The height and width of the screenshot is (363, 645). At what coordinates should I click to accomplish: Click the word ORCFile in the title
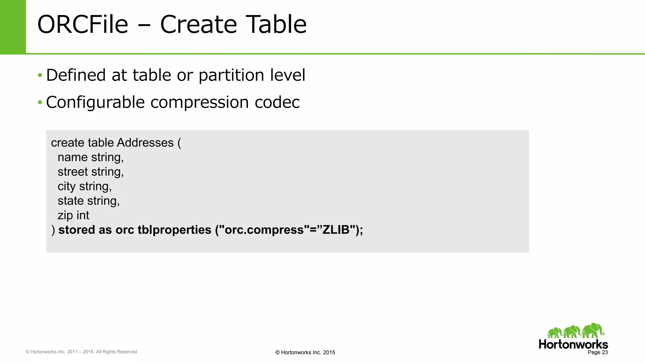[x=83, y=24]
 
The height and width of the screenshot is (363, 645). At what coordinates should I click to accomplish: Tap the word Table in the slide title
[x=276, y=24]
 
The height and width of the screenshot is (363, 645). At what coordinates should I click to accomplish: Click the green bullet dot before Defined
[x=40, y=75]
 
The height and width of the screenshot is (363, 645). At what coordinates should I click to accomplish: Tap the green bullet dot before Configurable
[x=40, y=102]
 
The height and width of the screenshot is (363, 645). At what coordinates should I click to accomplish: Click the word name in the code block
[x=72, y=157]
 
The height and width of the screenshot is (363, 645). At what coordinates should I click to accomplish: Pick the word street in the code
[x=73, y=172]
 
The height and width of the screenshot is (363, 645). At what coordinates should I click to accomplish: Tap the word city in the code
[x=66, y=187]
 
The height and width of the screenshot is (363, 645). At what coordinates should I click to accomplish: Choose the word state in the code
[x=71, y=201]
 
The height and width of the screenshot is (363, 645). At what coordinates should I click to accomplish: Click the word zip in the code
[x=65, y=216]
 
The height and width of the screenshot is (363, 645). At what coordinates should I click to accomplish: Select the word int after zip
[x=83, y=216]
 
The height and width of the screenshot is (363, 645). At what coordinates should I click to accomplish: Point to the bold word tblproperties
[x=174, y=230]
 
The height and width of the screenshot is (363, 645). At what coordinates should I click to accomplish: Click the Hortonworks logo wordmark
[x=573, y=344]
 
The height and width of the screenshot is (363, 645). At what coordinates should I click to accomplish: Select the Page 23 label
[x=597, y=352]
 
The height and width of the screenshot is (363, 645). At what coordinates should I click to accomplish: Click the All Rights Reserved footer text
[x=116, y=352]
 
